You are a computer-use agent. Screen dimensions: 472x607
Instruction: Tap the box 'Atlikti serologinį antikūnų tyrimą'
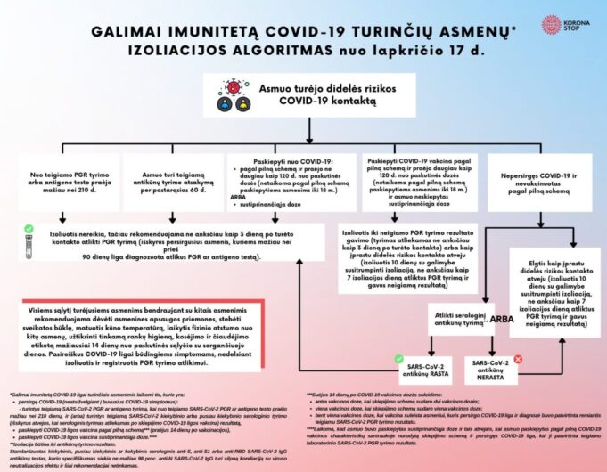(459, 318)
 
